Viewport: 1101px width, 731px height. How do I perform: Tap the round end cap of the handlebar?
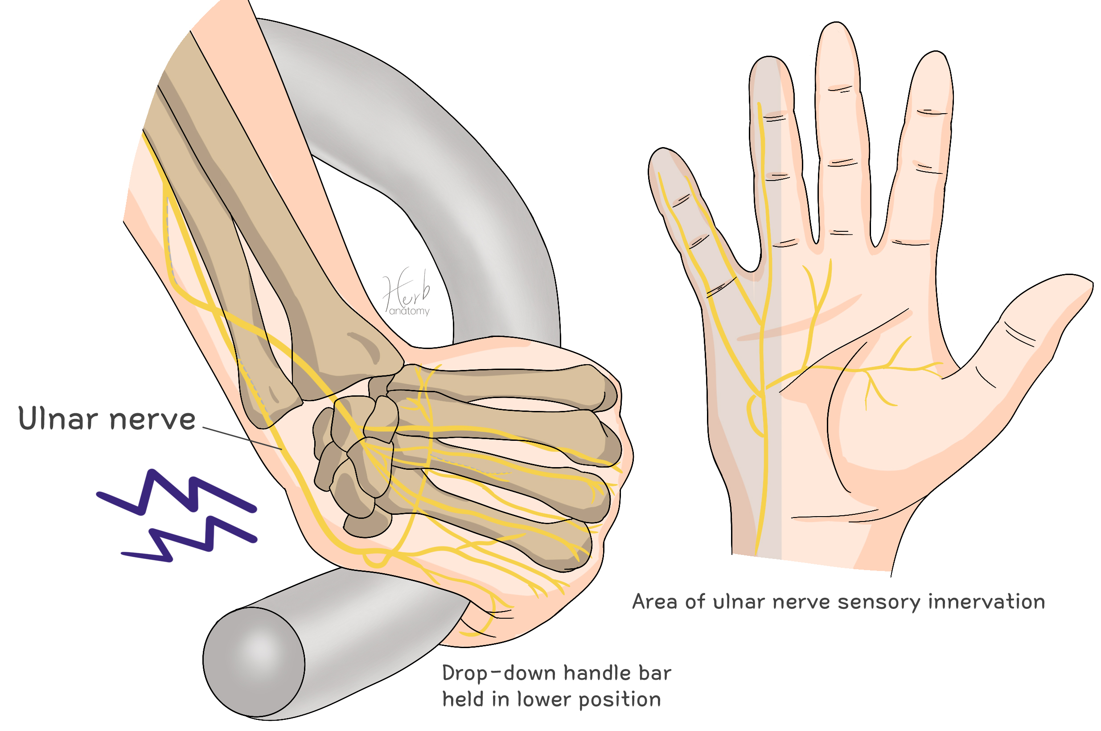click(x=254, y=661)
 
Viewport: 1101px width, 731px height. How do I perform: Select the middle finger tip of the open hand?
click(x=837, y=33)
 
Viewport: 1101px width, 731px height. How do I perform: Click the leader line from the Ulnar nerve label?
click(x=242, y=438)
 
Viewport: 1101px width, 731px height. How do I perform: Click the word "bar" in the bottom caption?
click(x=655, y=673)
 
